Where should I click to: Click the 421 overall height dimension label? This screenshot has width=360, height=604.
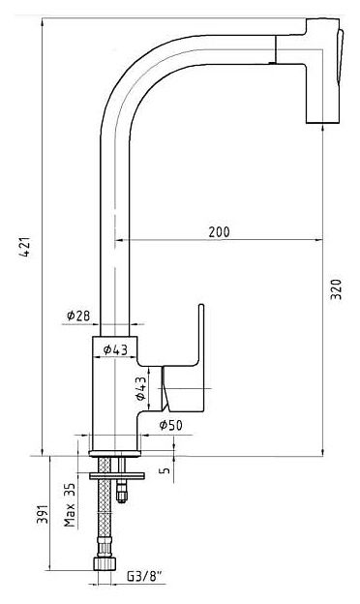tap(25, 247)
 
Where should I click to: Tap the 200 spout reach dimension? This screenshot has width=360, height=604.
tap(219, 232)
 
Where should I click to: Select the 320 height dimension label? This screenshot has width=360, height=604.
tap(336, 289)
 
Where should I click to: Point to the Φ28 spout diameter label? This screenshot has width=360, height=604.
tap(78, 316)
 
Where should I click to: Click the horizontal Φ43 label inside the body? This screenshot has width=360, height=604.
tap(115, 349)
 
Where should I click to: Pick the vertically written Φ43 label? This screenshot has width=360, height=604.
tap(141, 388)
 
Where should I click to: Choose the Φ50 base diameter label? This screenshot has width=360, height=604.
tap(170, 425)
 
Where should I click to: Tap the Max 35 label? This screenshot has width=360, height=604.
tap(70, 505)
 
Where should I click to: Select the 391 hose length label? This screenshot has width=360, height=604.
tap(42, 514)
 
